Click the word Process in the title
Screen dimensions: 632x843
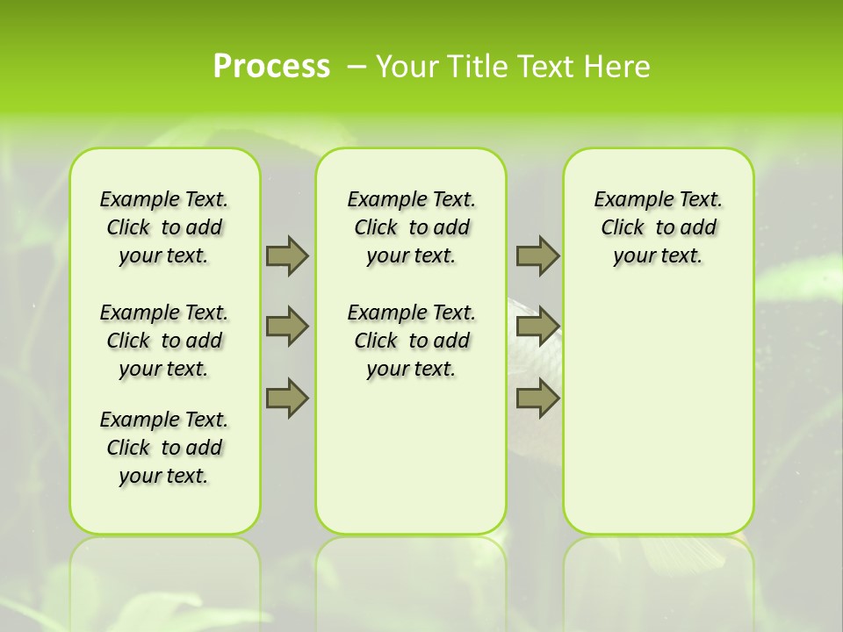pyautogui.click(x=271, y=66)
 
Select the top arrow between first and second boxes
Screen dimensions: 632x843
pyautogui.click(x=287, y=255)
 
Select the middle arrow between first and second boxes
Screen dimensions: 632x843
pyautogui.click(x=287, y=327)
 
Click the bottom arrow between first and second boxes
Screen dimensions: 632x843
pyautogui.click(x=287, y=399)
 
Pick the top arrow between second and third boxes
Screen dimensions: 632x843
pyautogui.click(x=537, y=255)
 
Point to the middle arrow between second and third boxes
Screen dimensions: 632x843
pyautogui.click(x=537, y=327)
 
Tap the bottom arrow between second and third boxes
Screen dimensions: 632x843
pyautogui.click(x=537, y=399)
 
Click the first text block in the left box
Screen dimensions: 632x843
pyautogui.click(x=164, y=227)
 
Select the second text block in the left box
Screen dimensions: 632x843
pyautogui.click(x=164, y=341)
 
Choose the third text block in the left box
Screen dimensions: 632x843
pyautogui.click(x=164, y=448)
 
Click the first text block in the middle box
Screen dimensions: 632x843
pyautogui.click(x=412, y=227)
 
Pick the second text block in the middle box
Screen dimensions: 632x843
pyautogui.click(x=412, y=341)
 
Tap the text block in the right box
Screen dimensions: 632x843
pyautogui.click(x=659, y=227)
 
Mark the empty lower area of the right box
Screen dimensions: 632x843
pyautogui.click(x=659, y=413)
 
